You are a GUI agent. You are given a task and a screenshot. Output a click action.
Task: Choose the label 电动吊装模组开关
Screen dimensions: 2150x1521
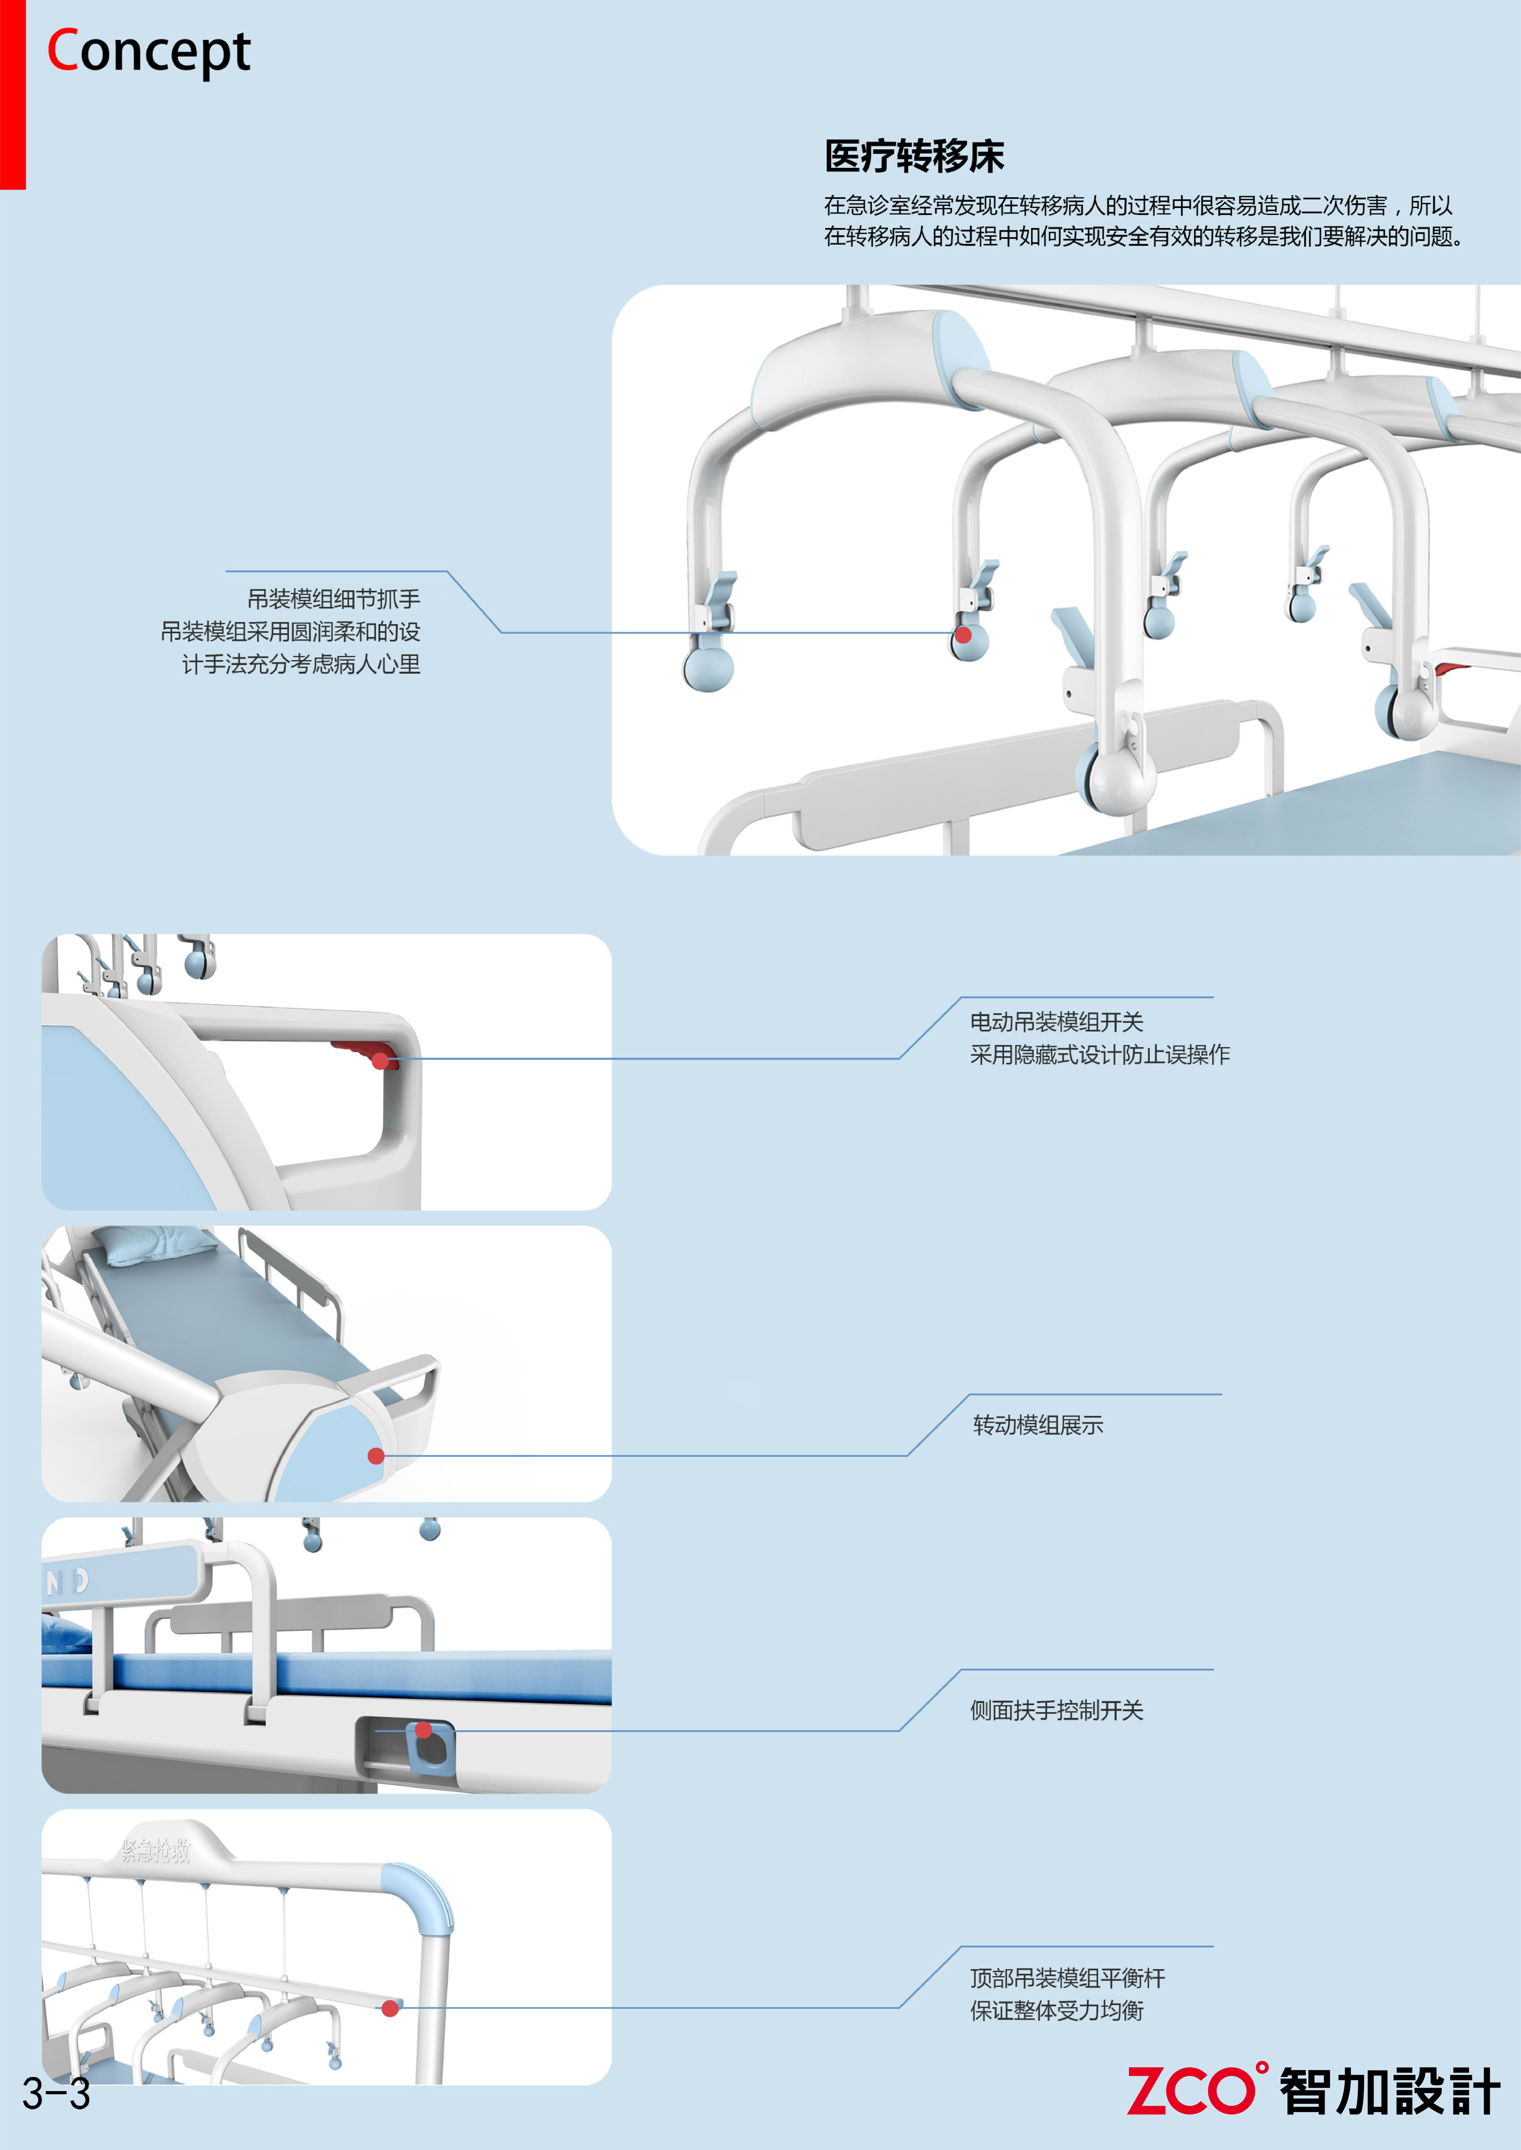(1056, 1022)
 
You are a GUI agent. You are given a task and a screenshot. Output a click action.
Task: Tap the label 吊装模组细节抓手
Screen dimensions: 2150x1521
(333, 598)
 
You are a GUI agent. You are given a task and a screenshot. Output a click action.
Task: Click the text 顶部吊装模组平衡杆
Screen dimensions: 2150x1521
(1068, 1978)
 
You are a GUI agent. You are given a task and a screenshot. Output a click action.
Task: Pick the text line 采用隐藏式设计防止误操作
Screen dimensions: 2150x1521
(1099, 1054)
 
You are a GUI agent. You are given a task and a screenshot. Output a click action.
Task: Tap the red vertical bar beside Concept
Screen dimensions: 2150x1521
(12, 94)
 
